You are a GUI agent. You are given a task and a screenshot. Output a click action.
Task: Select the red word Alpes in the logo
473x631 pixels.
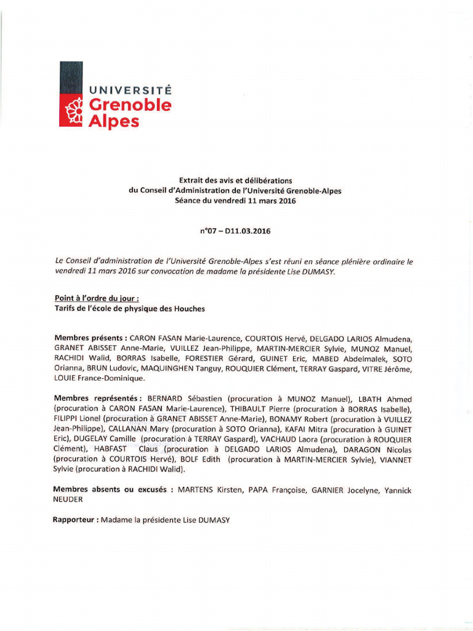click(114, 121)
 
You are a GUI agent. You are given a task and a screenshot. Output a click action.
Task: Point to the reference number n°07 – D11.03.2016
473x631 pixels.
click(235, 232)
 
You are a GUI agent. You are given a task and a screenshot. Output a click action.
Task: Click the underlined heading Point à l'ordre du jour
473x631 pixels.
click(92, 299)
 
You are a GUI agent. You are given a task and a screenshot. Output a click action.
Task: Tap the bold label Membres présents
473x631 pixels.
click(91, 338)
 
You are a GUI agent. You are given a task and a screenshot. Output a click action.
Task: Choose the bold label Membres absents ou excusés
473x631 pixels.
click(113, 490)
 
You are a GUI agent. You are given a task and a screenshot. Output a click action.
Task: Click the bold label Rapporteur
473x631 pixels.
click(76, 520)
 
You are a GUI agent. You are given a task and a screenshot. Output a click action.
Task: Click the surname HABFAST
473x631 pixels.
click(110, 449)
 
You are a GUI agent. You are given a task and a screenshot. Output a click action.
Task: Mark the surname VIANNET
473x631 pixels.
click(392, 459)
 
